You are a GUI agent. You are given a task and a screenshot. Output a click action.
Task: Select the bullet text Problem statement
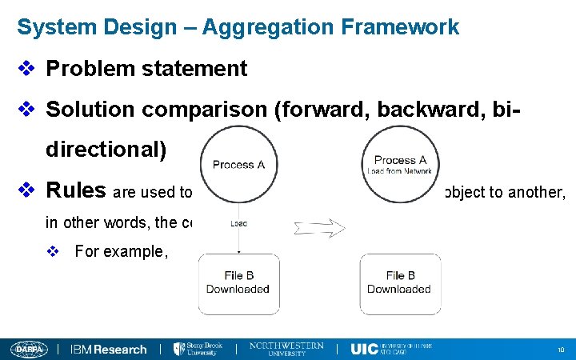pyautogui.click(x=146, y=69)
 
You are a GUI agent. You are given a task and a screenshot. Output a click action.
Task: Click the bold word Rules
pyautogui.click(x=76, y=190)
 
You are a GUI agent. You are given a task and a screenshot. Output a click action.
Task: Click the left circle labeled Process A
pyautogui.click(x=238, y=164)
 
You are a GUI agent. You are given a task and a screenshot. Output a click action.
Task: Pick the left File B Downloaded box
pyautogui.click(x=238, y=282)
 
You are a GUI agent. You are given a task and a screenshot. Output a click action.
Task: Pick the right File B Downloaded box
pyautogui.click(x=398, y=282)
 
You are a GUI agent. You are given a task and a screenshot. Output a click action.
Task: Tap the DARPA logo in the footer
pyautogui.click(x=29, y=349)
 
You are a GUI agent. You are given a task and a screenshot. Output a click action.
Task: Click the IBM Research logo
pyautogui.click(x=109, y=349)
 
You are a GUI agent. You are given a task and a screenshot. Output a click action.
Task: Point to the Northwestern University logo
pyautogui.click(x=286, y=349)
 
